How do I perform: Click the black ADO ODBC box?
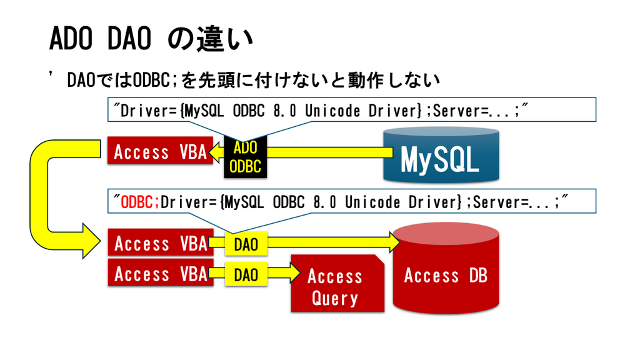click(x=245, y=157)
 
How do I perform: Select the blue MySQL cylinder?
click(x=441, y=154)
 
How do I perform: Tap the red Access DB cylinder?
click(x=446, y=268)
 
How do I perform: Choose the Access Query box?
click(x=337, y=283)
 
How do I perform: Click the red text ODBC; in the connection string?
click(x=137, y=202)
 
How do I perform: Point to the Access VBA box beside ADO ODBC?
click(x=160, y=151)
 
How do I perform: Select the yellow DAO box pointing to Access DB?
click(x=246, y=244)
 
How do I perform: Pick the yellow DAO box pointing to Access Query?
click(x=246, y=274)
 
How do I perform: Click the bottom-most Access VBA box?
click(x=161, y=273)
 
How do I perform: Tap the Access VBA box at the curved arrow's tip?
click(x=161, y=242)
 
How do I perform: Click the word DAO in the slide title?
click(x=129, y=39)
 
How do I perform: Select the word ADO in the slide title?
click(x=71, y=39)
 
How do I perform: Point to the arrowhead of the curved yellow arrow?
click(x=91, y=241)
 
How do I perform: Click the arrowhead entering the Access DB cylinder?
click(x=395, y=242)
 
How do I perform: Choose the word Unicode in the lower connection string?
click(x=372, y=202)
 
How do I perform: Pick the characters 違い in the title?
click(x=225, y=39)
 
